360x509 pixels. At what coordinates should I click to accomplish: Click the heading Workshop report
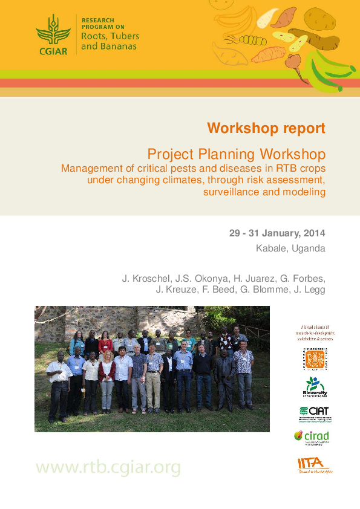(266, 128)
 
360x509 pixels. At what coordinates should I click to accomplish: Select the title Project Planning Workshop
(237, 153)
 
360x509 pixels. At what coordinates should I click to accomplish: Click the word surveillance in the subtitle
(232, 192)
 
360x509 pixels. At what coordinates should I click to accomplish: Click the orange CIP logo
(314, 359)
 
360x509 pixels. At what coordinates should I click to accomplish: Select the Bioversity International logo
(314, 387)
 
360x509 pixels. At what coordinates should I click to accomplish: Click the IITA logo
(314, 464)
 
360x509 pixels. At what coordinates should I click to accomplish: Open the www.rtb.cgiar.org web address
(108, 467)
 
